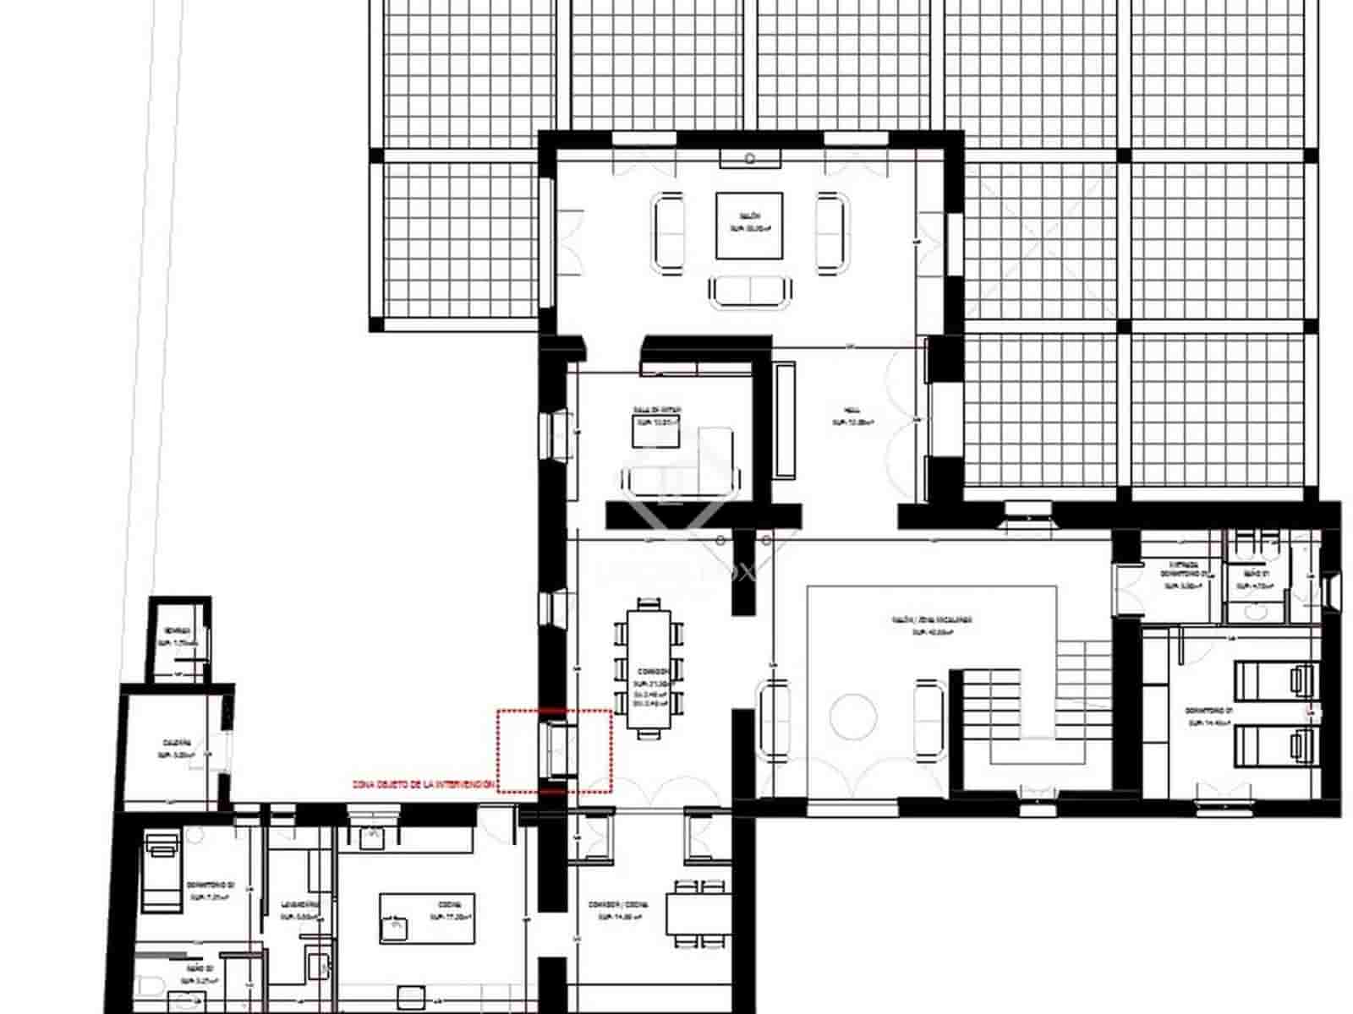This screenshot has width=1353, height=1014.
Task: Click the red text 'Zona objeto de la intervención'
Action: [423, 785]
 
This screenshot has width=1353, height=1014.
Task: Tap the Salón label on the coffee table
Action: [748, 222]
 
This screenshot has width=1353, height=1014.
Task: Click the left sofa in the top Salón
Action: [668, 232]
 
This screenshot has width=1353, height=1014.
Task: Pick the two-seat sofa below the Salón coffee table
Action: [751, 292]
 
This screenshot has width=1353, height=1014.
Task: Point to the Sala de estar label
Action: [658, 415]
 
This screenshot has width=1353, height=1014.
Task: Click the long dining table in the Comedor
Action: [649, 669]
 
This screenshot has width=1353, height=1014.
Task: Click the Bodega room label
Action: [178, 636]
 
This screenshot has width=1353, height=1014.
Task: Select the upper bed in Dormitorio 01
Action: [1276, 681]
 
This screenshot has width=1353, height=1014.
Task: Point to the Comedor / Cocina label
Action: [618, 909]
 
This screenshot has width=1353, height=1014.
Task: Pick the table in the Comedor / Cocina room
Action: [698, 916]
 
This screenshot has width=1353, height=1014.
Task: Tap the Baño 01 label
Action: [1257, 579]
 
